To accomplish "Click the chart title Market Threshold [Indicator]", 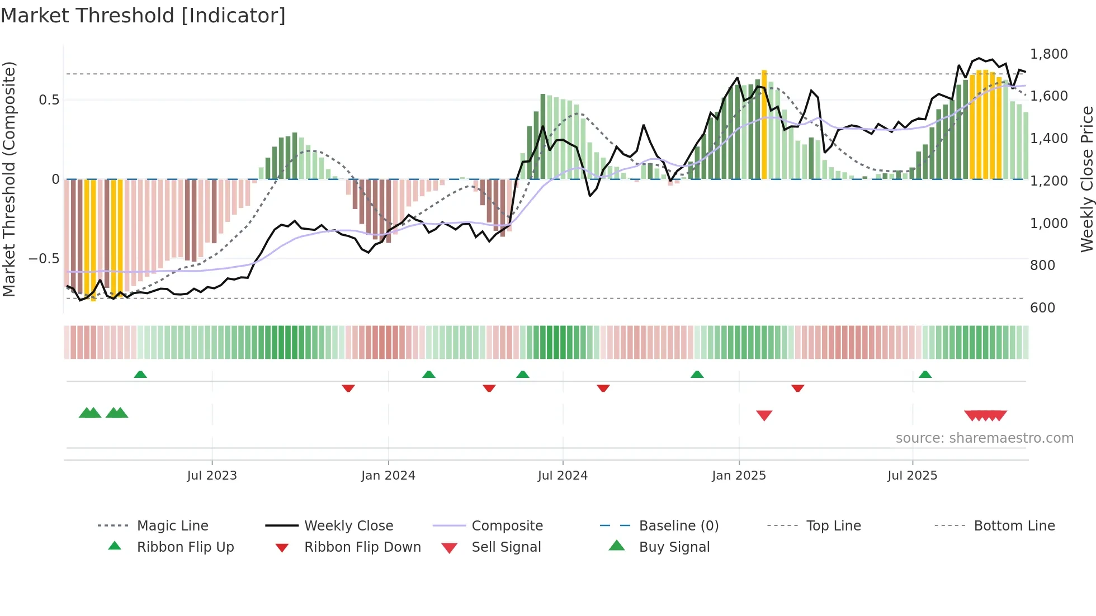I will point(143,16).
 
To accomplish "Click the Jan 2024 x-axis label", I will point(388,475).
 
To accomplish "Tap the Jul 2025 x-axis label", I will point(912,475).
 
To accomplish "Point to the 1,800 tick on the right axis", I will point(1048,54).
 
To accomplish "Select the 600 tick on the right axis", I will point(1042,307).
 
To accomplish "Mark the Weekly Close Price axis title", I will point(1086,179).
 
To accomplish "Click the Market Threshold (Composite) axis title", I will point(9,179).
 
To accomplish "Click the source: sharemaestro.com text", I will point(984,438).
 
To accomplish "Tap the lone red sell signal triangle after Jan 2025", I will point(764,415).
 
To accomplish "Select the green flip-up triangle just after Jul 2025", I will point(925,375).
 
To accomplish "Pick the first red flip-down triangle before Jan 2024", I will point(348,388).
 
